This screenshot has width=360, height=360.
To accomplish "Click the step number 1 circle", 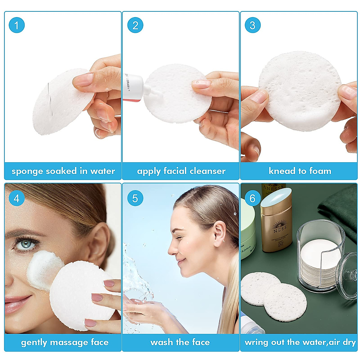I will point(16,25).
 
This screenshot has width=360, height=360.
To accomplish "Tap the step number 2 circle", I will point(135,25).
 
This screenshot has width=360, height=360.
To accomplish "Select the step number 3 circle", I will point(253,25).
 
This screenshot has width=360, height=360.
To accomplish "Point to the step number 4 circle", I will point(16,198).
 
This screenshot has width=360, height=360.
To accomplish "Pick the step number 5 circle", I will point(135,198).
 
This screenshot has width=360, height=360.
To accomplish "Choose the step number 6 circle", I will point(253,198).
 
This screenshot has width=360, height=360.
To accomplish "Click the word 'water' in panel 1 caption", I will point(103,171).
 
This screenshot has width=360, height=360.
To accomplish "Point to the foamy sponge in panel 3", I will point(300,90).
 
